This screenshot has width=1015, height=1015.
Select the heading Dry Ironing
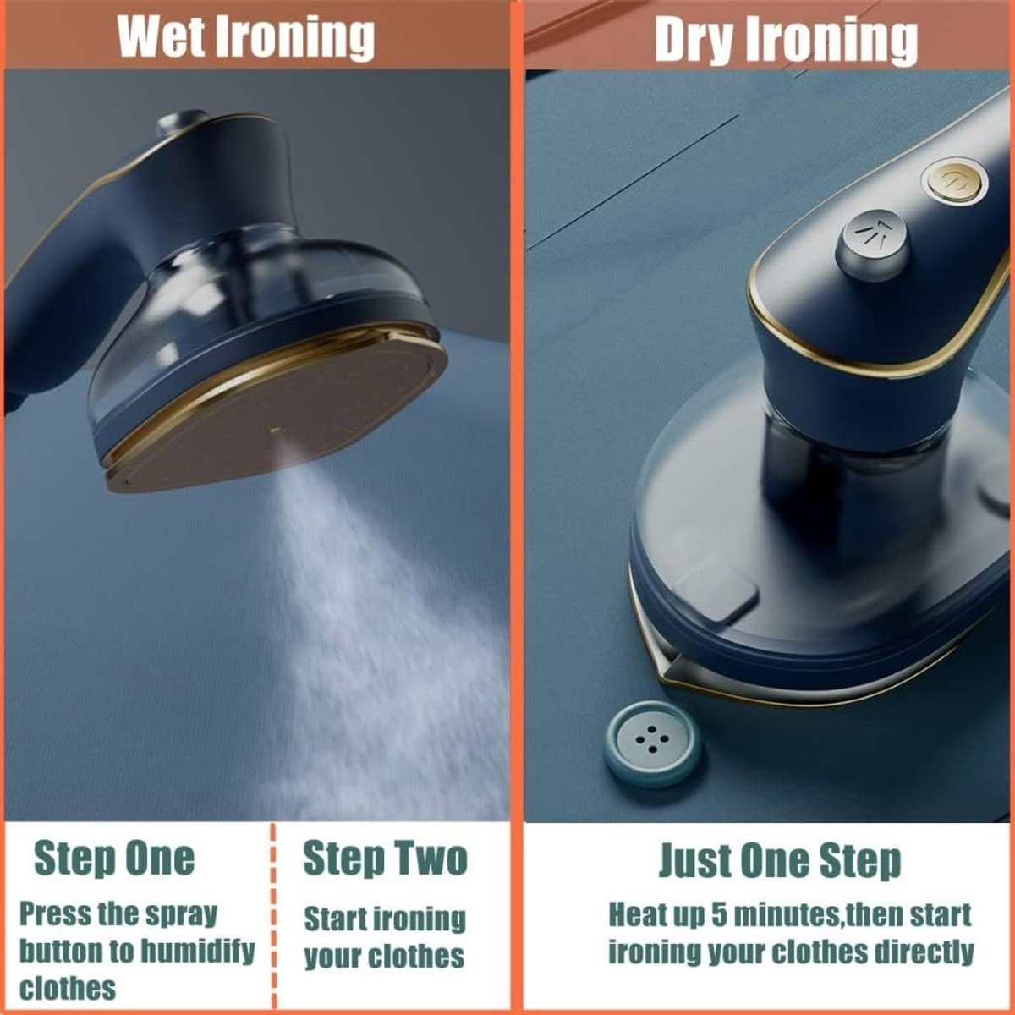pyautogui.click(x=785, y=38)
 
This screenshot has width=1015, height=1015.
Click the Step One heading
pyautogui.click(x=115, y=859)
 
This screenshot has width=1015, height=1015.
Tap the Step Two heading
pyautogui.click(x=386, y=859)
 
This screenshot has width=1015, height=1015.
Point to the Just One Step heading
pyautogui.click(x=781, y=861)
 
